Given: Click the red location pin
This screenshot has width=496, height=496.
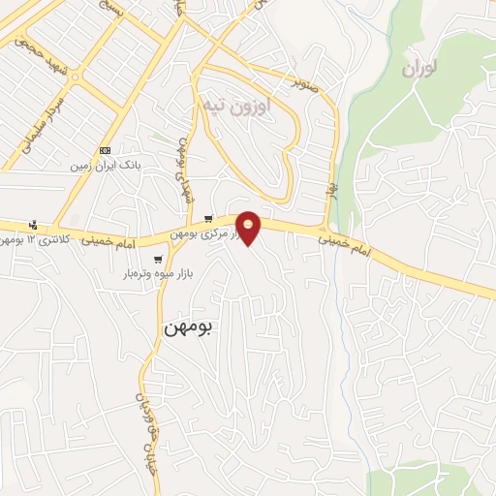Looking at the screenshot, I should (x=249, y=227).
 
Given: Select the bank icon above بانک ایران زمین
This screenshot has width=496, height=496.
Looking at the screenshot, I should (x=106, y=150).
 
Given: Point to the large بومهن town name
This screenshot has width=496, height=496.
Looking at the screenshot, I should (x=187, y=327).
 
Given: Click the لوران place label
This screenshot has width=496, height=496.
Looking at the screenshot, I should (x=418, y=70).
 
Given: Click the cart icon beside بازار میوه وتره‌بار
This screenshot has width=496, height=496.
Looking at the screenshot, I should (x=158, y=259).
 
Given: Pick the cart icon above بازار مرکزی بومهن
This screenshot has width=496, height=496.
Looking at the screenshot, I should (x=207, y=218).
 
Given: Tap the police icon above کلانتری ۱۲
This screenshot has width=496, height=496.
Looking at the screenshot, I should (x=36, y=225).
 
